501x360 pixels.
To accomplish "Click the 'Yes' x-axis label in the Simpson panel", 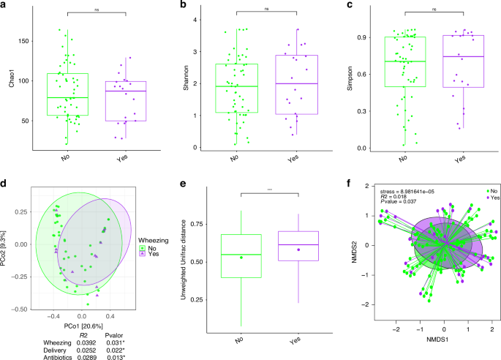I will (x=459, y=158).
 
